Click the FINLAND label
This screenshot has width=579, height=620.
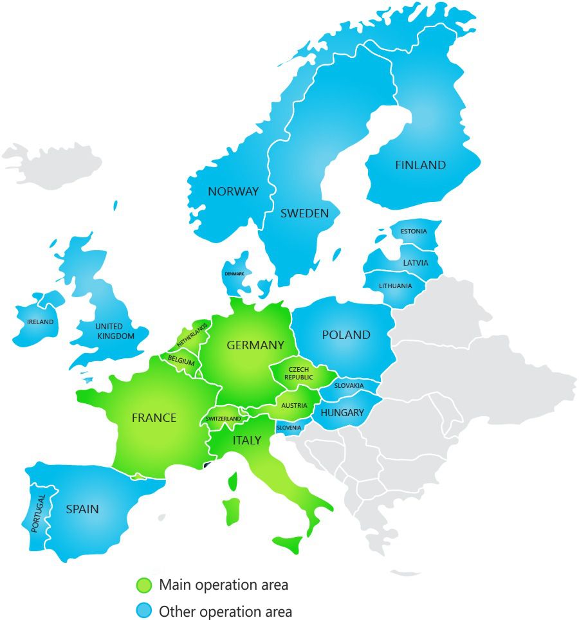point(420,165)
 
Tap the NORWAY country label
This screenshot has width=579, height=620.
point(233,192)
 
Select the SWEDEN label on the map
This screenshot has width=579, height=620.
point(304,214)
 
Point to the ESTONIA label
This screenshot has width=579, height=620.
point(413,232)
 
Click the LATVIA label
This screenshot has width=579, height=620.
point(415,263)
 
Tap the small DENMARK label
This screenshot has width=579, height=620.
point(234,274)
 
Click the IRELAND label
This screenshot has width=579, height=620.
point(41,322)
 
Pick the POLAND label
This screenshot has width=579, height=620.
point(346,335)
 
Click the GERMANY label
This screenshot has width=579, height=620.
point(255,345)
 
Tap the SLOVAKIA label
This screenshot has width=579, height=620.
point(349,386)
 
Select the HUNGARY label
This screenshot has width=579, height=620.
point(342,413)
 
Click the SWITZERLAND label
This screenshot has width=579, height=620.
point(223,419)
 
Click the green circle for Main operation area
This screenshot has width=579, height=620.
point(144,585)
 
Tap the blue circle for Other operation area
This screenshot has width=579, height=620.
point(144,611)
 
